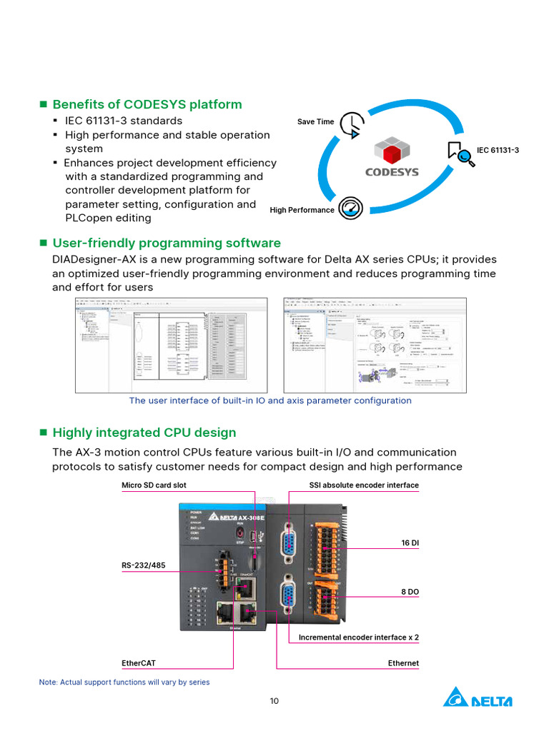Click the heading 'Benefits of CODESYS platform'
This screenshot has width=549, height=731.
[x=147, y=105]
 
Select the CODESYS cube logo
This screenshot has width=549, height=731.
[x=392, y=151]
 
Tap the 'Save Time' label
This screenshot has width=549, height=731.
[x=316, y=122]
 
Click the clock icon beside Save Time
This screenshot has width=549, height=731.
[x=350, y=124]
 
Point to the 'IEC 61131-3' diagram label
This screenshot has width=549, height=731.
[x=498, y=151]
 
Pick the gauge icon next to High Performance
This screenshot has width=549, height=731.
[x=350, y=208]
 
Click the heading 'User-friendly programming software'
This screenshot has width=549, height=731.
[x=167, y=243]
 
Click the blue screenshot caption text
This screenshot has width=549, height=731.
[x=270, y=400]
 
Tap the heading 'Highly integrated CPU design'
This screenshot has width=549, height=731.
[x=144, y=433]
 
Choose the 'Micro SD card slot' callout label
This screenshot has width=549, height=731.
[x=154, y=485]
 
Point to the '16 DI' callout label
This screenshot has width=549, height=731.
[x=410, y=543]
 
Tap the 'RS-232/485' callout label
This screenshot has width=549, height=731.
[x=144, y=565]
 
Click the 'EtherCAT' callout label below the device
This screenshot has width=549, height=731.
[x=139, y=663]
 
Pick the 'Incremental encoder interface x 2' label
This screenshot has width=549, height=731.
[x=359, y=637]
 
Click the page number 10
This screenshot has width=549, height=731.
[x=274, y=701]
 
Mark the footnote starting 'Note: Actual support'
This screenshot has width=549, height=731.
[x=124, y=682]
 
